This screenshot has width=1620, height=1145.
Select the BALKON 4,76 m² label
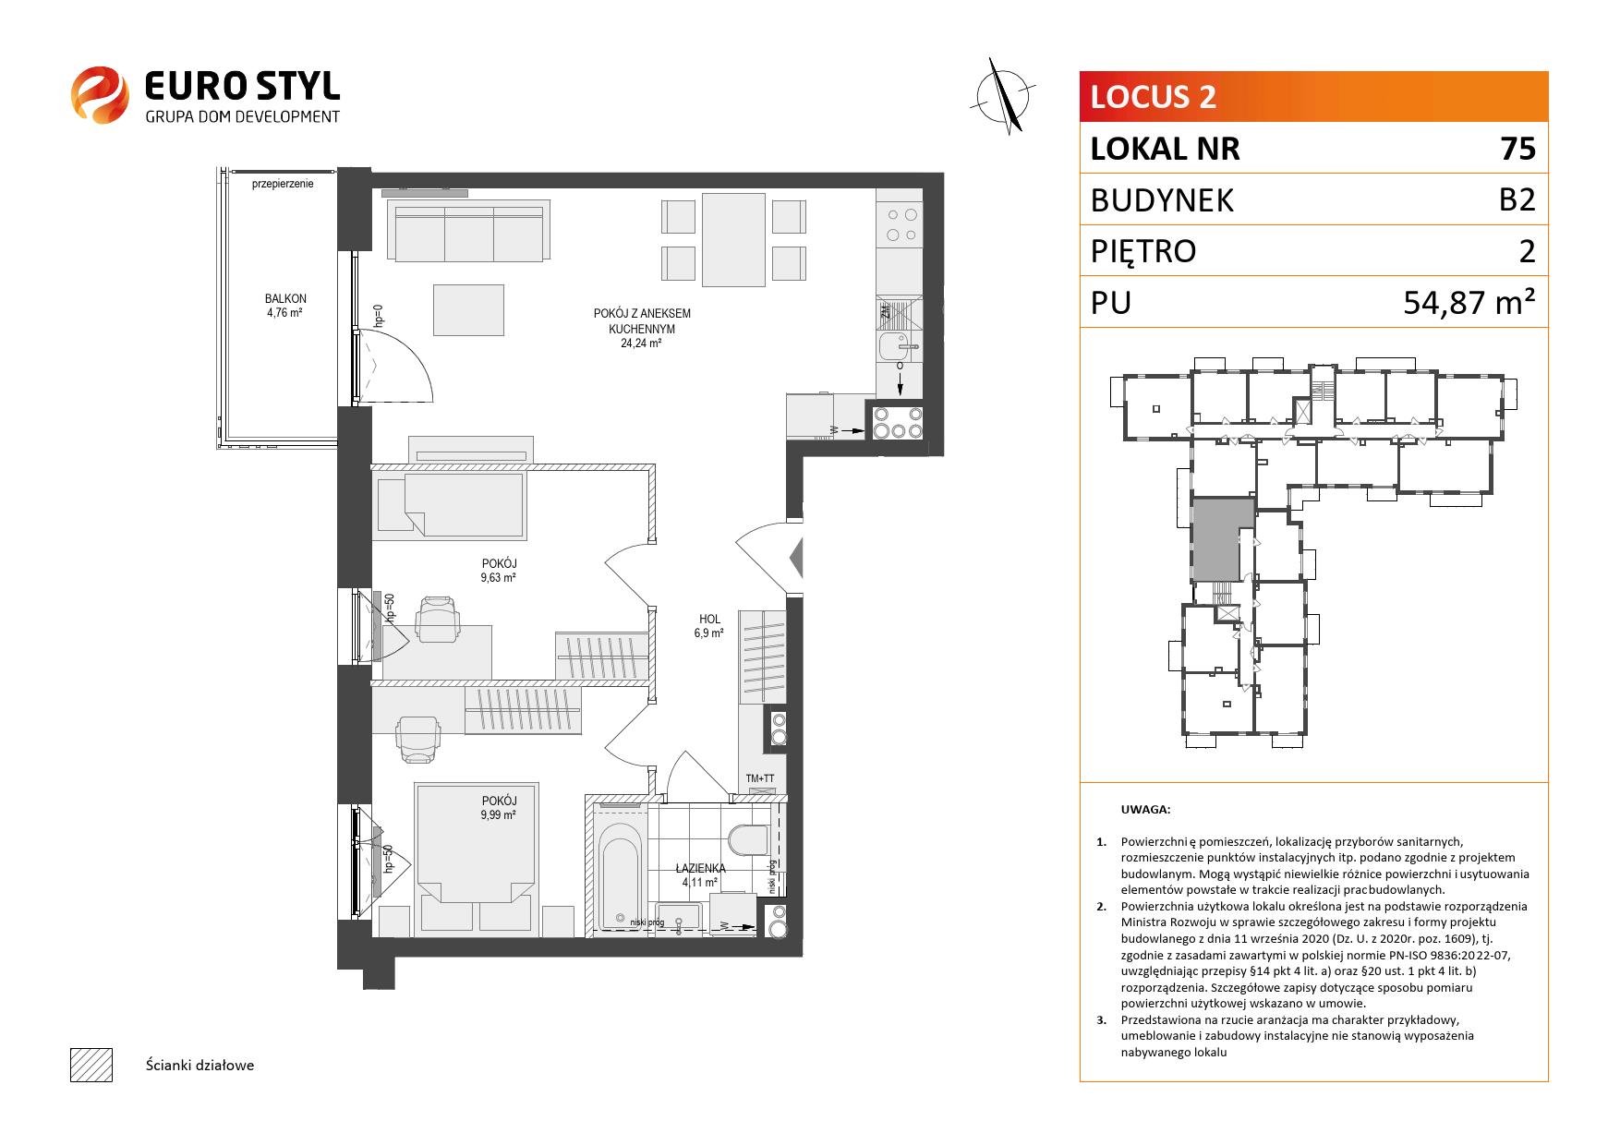pyautogui.click(x=284, y=306)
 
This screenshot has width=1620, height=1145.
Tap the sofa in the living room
pyautogui.click(x=467, y=233)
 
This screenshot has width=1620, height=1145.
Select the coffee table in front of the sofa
pyautogui.click(x=469, y=310)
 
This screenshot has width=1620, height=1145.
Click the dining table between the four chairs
pyautogui.click(x=733, y=238)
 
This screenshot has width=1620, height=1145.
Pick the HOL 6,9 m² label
pyautogui.click(x=709, y=626)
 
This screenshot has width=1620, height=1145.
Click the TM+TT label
pyautogui.click(x=760, y=779)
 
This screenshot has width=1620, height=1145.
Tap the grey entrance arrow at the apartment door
pyautogui.click(x=796, y=560)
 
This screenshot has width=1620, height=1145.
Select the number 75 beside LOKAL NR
pyautogui.click(x=1518, y=149)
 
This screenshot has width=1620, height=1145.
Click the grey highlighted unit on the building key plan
pyautogui.click(x=1216, y=540)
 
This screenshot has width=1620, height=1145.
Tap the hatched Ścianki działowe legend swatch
pyautogui.click(x=91, y=1065)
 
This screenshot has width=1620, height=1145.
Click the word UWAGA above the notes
pyautogui.click(x=1145, y=810)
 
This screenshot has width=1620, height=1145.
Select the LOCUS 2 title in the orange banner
pyautogui.click(x=1154, y=96)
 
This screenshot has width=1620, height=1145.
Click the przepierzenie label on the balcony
pyautogui.click(x=283, y=184)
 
